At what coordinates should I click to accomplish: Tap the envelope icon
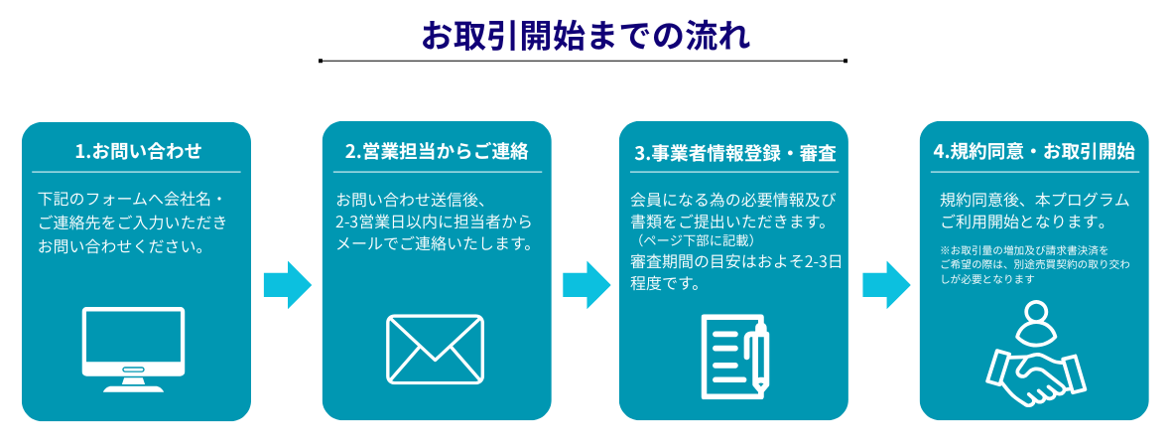pos(435,349)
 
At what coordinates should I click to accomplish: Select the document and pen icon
pos(734,355)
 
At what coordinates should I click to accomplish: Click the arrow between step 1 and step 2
pos(287,286)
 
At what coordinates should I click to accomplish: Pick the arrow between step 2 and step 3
pos(585,286)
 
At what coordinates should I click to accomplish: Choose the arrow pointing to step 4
pos(886,286)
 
